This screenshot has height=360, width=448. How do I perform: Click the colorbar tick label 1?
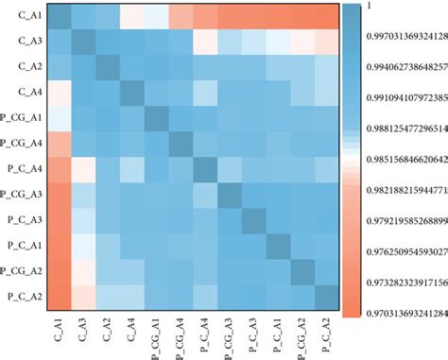[371, 9]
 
